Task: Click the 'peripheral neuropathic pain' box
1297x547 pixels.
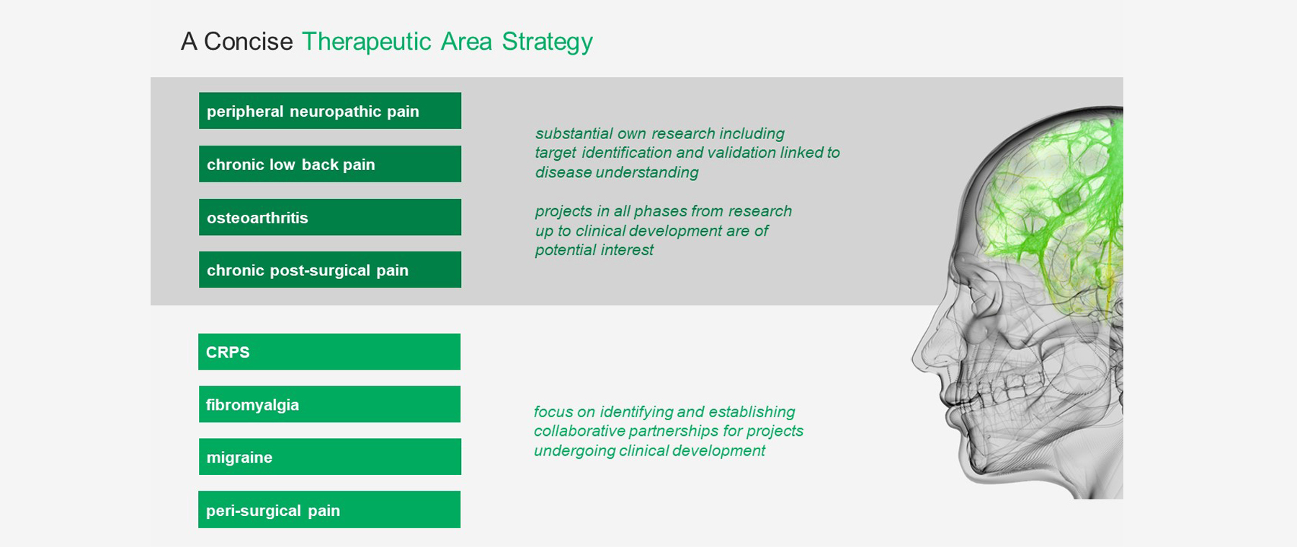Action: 330,111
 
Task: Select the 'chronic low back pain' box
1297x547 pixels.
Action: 330,164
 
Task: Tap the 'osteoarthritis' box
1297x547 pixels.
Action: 330,217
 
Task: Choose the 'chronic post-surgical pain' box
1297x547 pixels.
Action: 330,270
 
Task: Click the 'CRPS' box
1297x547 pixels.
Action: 329,352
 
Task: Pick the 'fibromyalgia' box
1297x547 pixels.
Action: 329,404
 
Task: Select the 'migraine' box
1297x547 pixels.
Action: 330,457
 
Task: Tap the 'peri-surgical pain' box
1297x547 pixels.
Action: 329,510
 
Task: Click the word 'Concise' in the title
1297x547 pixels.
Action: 248,42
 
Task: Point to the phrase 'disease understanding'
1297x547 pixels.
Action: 617,173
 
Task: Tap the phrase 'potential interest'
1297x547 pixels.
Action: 594,250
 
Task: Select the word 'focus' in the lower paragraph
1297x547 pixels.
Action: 553,412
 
